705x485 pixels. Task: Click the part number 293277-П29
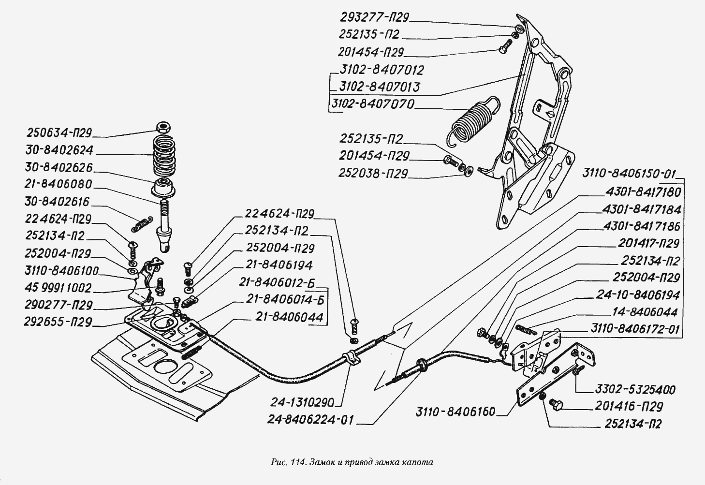pyautogui.click(x=374, y=17)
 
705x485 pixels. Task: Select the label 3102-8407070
pyautogui.click(x=373, y=104)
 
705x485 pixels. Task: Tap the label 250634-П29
pyautogui.click(x=59, y=133)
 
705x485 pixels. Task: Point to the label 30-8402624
pyautogui.click(x=59, y=150)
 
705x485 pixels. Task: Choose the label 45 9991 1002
pyautogui.click(x=58, y=288)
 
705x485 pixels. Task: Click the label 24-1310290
pyautogui.click(x=302, y=402)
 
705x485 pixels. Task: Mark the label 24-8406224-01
pyautogui.click(x=310, y=420)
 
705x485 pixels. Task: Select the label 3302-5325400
pyautogui.click(x=635, y=390)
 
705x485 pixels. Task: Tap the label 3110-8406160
pyautogui.click(x=455, y=412)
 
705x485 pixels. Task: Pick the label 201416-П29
pyautogui.click(x=629, y=406)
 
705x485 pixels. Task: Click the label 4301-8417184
pyautogui.click(x=642, y=209)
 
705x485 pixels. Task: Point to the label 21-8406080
pyautogui.click(x=58, y=184)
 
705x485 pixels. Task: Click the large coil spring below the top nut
pyautogui.click(x=164, y=156)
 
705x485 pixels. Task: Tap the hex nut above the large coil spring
pyautogui.click(x=163, y=127)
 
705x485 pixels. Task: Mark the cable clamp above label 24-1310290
pyautogui.click(x=352, y=358)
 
